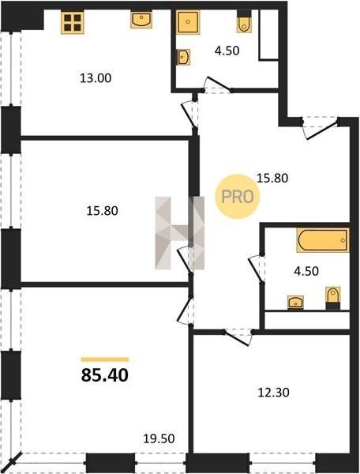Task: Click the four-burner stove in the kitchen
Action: click(x=73, y=22)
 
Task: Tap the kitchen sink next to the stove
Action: click(x=141, y=20)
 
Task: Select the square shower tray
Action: click(x=188, y=22)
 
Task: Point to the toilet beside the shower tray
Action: click(x=244, y=21)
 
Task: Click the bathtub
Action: click(x=323, y=240)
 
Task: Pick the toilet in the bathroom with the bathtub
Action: click(x=333, y=298)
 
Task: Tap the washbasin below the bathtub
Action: click(x=295, y=303)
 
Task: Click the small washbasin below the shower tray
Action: click(x=183, y=57)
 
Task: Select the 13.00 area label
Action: click(x=96, y=78)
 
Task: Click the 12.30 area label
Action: click(x=274, y=393)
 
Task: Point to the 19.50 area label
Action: click(x=159, y=438)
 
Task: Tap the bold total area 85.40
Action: click(x=105, y=375)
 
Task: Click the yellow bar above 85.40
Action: click(x=105, y=359)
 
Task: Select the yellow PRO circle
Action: click(x=238, y=197)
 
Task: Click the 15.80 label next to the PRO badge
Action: click(x=272, y=179)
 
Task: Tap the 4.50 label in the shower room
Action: click(x=227, y=51)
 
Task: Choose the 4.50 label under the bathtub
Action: click(x=306, y=271)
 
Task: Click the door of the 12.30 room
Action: click(x=238, y=337)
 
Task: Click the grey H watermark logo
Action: click(x=180, y=233)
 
